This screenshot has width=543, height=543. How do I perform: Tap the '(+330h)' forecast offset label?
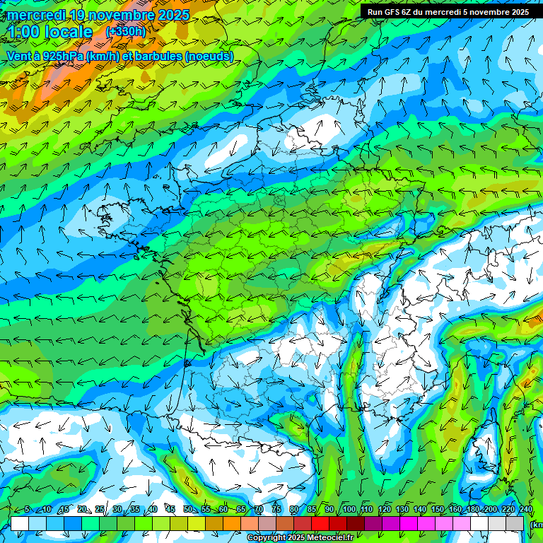[125, 32]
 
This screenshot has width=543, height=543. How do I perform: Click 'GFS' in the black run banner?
[394, 12]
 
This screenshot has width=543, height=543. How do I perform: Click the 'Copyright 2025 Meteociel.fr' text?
[300, 538]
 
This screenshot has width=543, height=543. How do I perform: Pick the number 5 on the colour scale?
[27, 510]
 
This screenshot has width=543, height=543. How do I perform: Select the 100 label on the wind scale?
[349, 510]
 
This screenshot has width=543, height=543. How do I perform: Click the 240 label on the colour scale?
[525, 510]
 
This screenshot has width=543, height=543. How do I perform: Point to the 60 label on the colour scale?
[223, 510]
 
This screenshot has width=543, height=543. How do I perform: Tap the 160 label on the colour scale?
[455, 510]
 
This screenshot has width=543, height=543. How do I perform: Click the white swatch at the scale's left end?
[20, 523]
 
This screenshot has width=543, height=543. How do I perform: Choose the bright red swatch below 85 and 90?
[320, 523]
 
